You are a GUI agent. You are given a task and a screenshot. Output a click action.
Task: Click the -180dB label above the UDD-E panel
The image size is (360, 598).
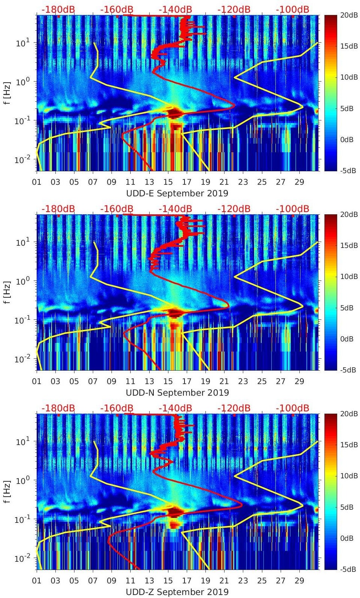[58, 9]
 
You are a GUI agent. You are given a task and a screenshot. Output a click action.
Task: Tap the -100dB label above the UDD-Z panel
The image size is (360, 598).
[292, 408]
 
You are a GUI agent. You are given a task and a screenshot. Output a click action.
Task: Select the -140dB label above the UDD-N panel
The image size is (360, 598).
[175, 209]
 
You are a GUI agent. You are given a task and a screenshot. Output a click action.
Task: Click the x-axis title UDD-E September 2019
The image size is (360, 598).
[177, 193]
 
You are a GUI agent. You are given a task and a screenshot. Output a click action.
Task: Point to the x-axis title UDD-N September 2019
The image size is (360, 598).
[177, 393]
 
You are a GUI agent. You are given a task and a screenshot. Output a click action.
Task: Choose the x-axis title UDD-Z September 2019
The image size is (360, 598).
[177, 592]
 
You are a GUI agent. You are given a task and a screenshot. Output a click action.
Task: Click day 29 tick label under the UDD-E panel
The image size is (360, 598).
[299, 183]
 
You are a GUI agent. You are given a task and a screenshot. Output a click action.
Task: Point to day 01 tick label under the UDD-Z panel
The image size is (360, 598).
[37, 581]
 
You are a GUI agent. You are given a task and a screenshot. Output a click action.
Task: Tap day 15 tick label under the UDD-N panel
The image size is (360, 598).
[168, 382]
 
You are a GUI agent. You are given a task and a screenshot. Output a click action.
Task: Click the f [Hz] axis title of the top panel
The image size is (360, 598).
[7, 93]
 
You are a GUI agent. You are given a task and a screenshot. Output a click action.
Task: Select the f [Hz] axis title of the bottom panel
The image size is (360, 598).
[7, 492]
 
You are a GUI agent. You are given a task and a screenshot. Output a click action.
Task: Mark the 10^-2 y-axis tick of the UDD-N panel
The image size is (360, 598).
[22, 359]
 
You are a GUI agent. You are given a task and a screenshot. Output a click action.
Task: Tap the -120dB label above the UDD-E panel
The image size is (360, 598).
[234, 9]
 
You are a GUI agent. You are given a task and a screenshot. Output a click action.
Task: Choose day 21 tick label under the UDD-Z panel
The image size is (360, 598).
[224, 581]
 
